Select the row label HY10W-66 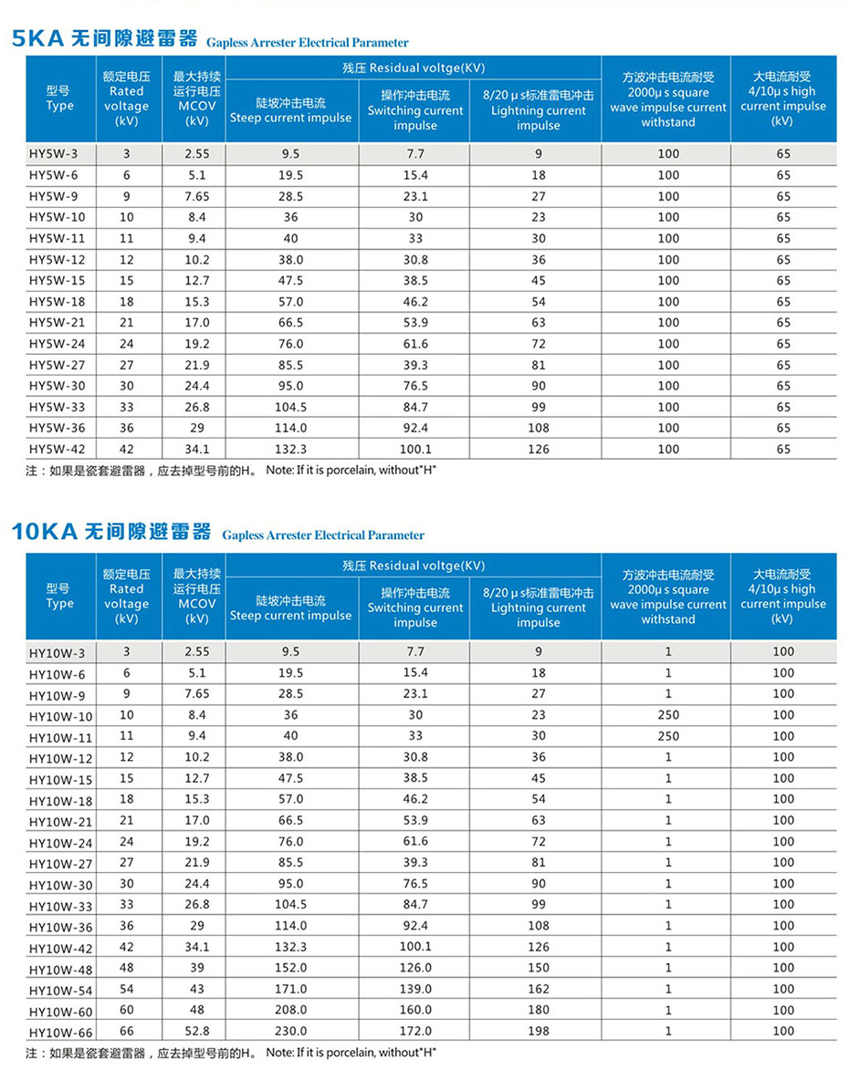point(60,1031)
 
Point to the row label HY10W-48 point(60,968)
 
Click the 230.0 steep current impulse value point(291,1031)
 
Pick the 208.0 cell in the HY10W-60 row point(291,1010)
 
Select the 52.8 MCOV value point(196,1031)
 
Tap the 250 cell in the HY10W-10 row point(668,715)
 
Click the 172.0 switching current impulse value point(415,1031)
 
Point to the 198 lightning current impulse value point(539,1031)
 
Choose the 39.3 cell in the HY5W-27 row point(415,365)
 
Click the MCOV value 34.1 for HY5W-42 point(196,449)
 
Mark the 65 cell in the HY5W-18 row point(783,302)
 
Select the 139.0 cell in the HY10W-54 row point(415,989)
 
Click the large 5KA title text point(104,39)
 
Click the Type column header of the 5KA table point(60,99)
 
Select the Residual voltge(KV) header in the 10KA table point(414,566)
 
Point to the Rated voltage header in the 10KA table point(127,597)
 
